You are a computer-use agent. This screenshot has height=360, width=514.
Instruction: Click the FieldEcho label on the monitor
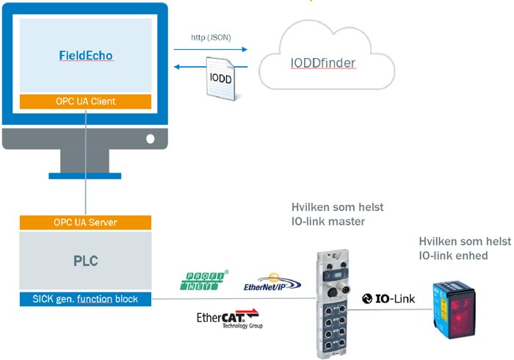pos(85,56)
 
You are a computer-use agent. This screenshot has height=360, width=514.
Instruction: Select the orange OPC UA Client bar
pos(85,101)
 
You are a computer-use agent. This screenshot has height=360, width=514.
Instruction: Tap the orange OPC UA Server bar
pos(85,222)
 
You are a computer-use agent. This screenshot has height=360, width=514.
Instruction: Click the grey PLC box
pos(85,260)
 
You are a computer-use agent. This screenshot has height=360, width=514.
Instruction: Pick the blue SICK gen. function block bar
pos(85,298)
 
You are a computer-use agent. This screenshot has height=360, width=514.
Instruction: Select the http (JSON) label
pos(209,36)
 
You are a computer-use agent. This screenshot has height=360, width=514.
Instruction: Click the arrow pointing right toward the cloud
pos(210,50)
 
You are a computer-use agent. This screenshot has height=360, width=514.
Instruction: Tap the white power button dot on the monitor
pos(151,137)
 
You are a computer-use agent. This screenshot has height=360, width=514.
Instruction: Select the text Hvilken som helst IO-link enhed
pos(453,248)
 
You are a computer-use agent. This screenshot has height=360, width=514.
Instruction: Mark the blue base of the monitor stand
pos(85,176)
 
